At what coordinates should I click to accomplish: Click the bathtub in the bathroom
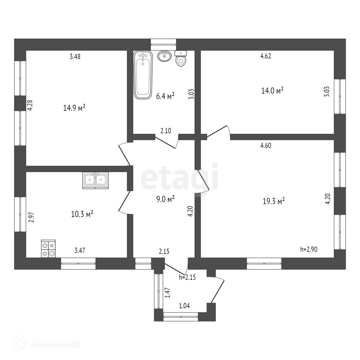click(x=142, y=75)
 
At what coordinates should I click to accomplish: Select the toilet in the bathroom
click(x=181, y=59)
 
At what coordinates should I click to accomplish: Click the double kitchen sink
click(x=95, y=180)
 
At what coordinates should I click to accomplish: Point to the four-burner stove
click(x=48, y=249)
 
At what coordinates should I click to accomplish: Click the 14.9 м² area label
click(x=74, y=108)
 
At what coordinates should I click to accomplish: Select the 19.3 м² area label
click(x=274, y=201)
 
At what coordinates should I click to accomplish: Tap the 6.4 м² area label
click(x=165, y=96)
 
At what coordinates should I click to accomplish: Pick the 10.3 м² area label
click(x=82, y=214)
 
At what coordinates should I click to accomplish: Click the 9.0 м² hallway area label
click(x=165, y=199)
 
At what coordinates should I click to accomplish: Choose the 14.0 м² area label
click(x=272, y=91)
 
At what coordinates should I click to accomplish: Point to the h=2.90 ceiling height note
click(x=308, y=249)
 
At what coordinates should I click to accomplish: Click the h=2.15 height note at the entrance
click(x=188, y=278)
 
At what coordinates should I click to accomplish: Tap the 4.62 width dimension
click(x=266, y=56)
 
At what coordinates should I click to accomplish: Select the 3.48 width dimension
click(x=75, y=56)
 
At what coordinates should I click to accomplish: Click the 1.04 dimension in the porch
click(x=184, y=306)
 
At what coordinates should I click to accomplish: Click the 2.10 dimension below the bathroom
click(x=166, y=131)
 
